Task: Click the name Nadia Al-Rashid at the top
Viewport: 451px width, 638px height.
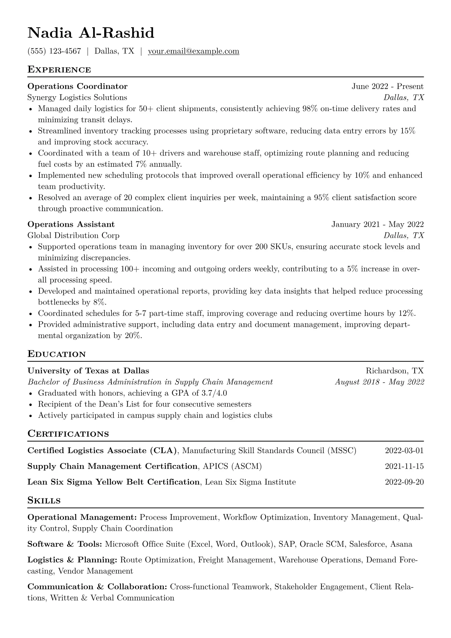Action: click(91, 33)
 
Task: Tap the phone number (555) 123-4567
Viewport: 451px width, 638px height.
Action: click(54, 51)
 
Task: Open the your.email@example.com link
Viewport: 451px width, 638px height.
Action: click(193, 51)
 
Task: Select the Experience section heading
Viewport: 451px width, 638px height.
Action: click(59, 70)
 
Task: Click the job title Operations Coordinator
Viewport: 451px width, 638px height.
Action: click(78, 86)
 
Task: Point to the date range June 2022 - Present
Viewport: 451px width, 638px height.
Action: click(387, 86)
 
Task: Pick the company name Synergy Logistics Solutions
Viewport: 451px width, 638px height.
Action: click(77, 97)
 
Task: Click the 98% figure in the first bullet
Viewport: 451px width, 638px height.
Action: click(310, 109)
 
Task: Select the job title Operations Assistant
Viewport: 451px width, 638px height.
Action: click(71, 224)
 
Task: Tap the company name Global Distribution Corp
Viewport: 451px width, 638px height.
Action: click(74, 235)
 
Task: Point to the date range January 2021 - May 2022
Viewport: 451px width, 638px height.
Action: click(377, 224)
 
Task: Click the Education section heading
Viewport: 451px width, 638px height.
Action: click(57, 354)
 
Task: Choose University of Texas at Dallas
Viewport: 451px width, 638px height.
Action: click(88, 371)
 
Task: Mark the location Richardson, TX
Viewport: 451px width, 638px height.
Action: click(395, 371)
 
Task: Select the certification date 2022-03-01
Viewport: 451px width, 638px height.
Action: click(404, 451)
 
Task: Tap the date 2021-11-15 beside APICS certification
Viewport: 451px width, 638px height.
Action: click(404, 466)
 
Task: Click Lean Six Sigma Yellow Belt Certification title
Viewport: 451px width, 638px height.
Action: click(113, 482)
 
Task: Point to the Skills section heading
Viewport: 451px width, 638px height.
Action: click(44, 500)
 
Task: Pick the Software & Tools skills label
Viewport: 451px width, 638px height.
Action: click(65, 544)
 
